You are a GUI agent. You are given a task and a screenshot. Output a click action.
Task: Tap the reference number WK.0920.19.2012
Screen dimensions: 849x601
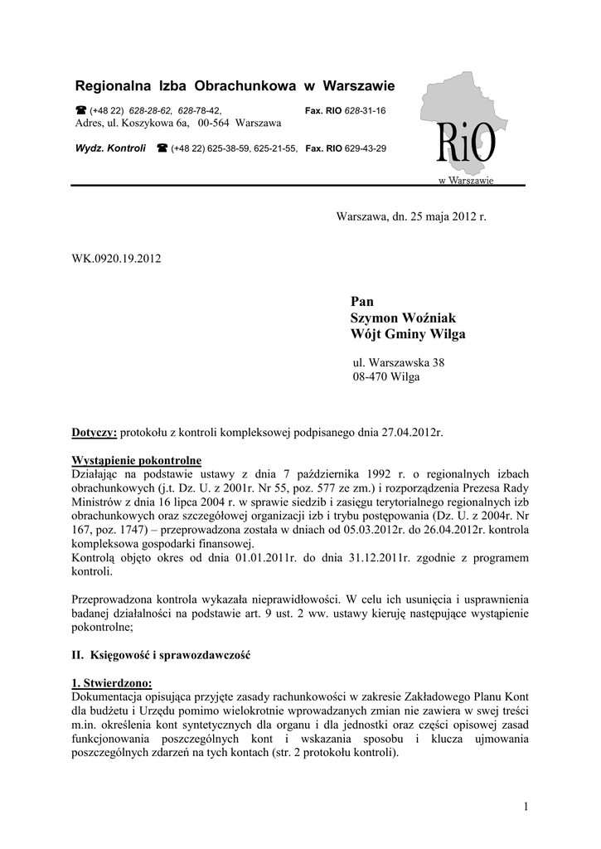point(117,258)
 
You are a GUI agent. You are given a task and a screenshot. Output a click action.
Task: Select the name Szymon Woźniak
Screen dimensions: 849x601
point(404,318)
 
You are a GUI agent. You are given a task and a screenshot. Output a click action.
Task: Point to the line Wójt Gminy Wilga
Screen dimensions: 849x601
point(409,334)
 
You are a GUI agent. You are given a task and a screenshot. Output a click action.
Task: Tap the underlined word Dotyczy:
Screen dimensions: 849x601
point(95,433)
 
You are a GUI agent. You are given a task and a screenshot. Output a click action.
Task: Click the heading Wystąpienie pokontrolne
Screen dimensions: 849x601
point(136,460)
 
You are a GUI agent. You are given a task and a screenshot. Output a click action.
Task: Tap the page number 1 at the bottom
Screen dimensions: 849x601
point(526,806)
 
